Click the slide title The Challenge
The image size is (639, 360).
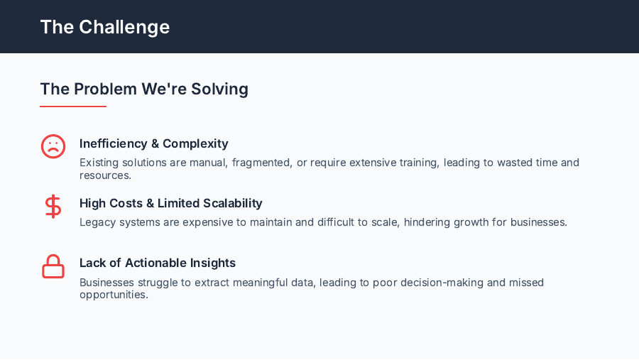pos(105,27)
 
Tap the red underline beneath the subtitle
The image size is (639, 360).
pos(73,107)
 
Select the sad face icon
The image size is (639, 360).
pos(53,146)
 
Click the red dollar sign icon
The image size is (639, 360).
pos(53,207)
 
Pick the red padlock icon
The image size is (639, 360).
pos(53,266)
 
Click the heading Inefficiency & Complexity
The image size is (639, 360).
pos(153,143)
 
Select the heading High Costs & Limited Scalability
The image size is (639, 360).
pos(170,203)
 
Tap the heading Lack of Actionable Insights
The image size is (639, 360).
pos(157,263)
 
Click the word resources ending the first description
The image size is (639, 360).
pos(104,175)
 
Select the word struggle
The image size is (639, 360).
pos(155,283)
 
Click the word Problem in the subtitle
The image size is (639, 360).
pos(105,89)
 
